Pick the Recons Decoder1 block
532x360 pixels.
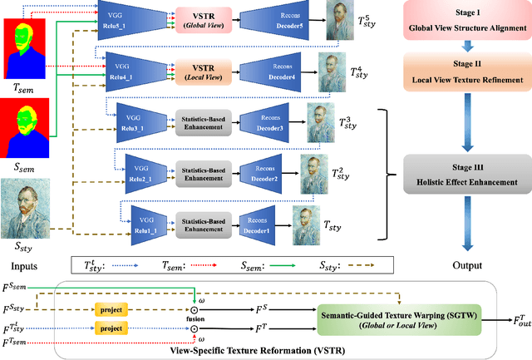[x=262, y=224]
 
